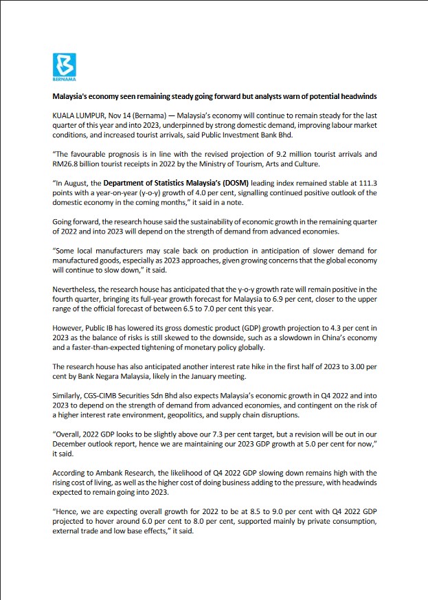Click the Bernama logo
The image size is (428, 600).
click(x=65, y=66)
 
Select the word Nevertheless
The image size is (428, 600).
click(x=76, y=289)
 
